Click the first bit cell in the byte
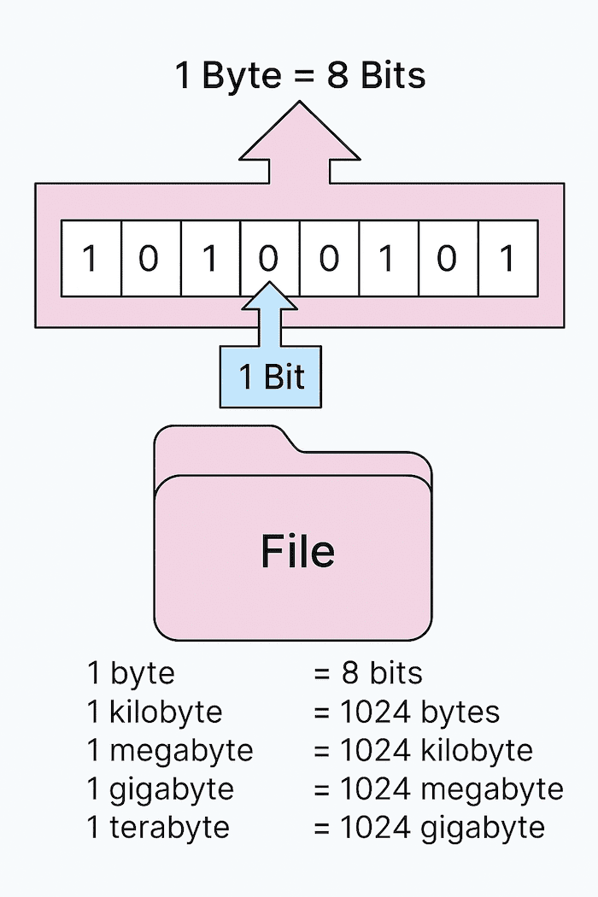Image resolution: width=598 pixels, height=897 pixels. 90,258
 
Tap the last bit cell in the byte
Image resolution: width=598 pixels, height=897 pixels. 507,258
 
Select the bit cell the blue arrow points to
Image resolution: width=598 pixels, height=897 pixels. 269,258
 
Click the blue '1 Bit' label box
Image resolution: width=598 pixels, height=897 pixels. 272,377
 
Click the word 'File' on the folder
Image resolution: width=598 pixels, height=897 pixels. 297,552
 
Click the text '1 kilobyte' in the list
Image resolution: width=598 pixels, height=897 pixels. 155,712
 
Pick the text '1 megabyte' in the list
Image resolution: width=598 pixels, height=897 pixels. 170,750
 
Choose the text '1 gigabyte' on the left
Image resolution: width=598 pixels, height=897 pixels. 161,789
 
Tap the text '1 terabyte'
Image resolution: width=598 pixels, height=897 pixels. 158,827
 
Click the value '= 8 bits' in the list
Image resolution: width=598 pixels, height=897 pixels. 367,673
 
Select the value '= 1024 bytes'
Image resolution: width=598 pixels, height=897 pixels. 406,712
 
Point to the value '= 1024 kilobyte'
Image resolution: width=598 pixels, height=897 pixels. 423,750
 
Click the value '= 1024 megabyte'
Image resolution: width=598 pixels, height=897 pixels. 438,789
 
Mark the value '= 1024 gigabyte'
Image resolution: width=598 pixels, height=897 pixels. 429,827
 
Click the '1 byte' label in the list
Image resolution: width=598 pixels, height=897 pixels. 131,673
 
